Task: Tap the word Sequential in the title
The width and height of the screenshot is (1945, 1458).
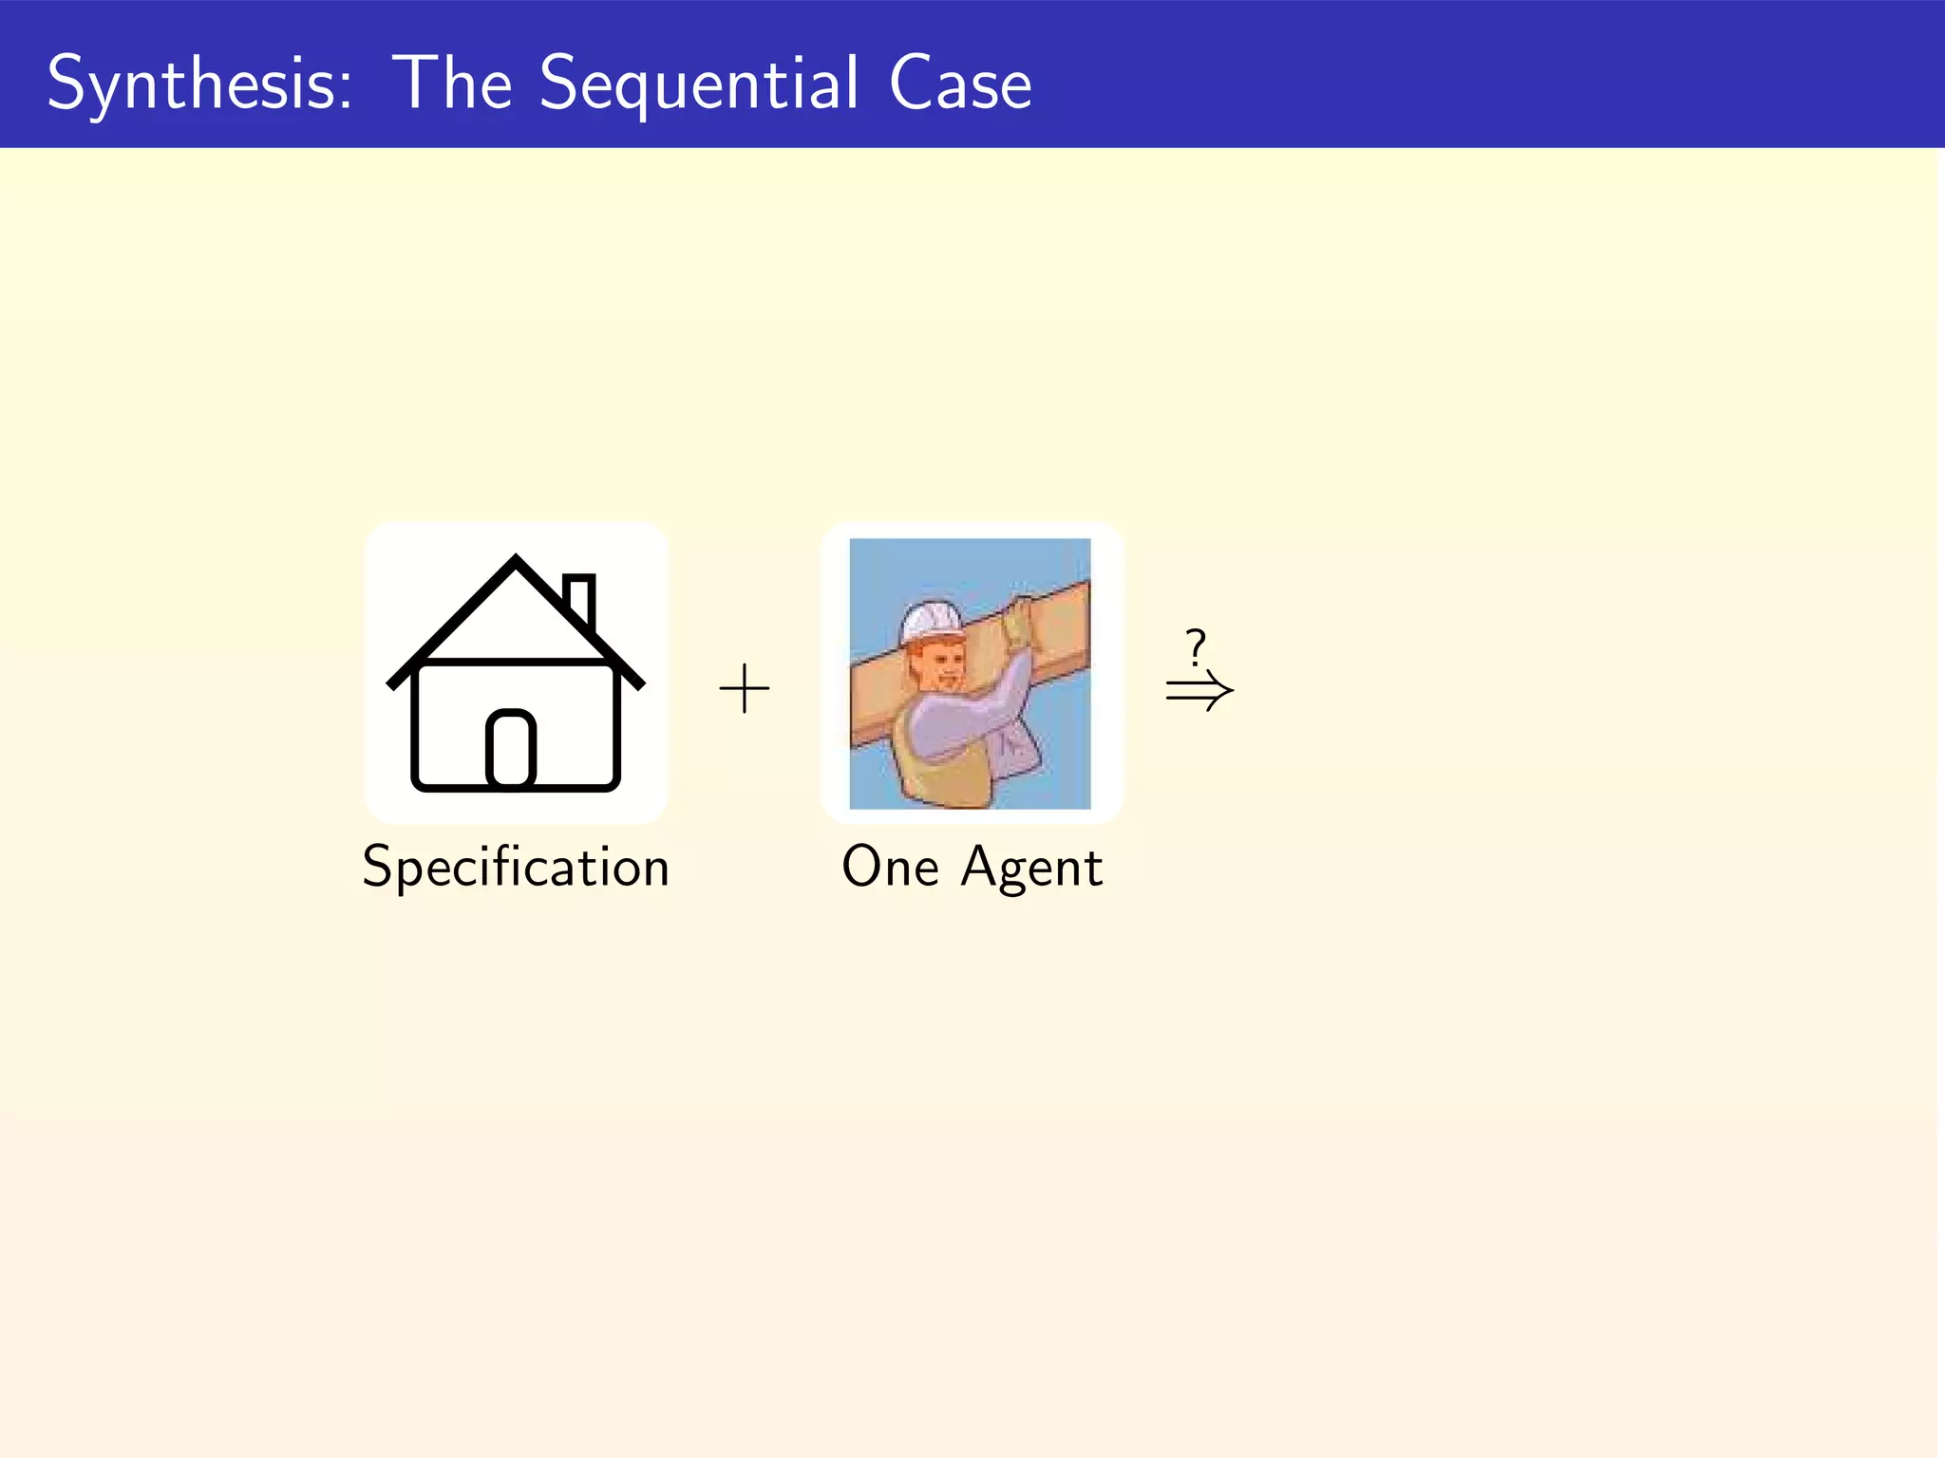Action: click(699, 84)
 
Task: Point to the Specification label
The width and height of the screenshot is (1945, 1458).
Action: click(516, 867)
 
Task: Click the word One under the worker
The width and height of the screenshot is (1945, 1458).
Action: click(890, 867)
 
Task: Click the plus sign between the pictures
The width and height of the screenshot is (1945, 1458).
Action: click(745, 688)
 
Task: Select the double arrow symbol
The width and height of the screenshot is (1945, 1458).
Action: click(1199, 690)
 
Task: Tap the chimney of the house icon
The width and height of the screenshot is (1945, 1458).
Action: click(578, 598)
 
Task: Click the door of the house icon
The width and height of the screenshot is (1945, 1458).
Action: click(511, 749)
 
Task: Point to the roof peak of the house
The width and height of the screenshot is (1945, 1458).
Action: click(516, 562)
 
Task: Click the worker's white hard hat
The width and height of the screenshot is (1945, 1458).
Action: click(931, 622)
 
